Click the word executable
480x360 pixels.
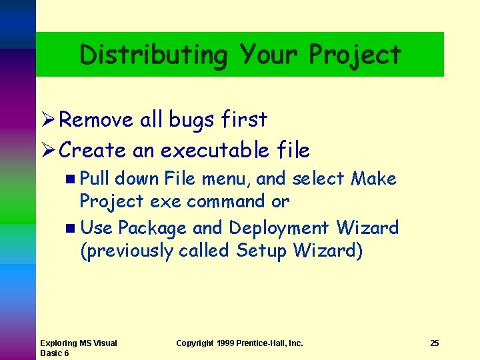pyautogui.click(x=213, y=151)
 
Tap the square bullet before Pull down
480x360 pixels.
pyautogui.click(x=71, y=179)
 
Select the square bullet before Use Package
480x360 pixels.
pyautogui.click(x=71, y=229)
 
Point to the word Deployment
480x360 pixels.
pyautogui.click(x=279, y=228)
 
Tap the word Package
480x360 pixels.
pyautogui.click(x=153, y=229)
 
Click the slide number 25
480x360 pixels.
pyautogui.click(x=435, y=343)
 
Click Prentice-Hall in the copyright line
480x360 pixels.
pyautogui.click(x=269, y=343)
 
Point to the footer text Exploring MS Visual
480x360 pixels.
pyautogui.click(x=78, y=343)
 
